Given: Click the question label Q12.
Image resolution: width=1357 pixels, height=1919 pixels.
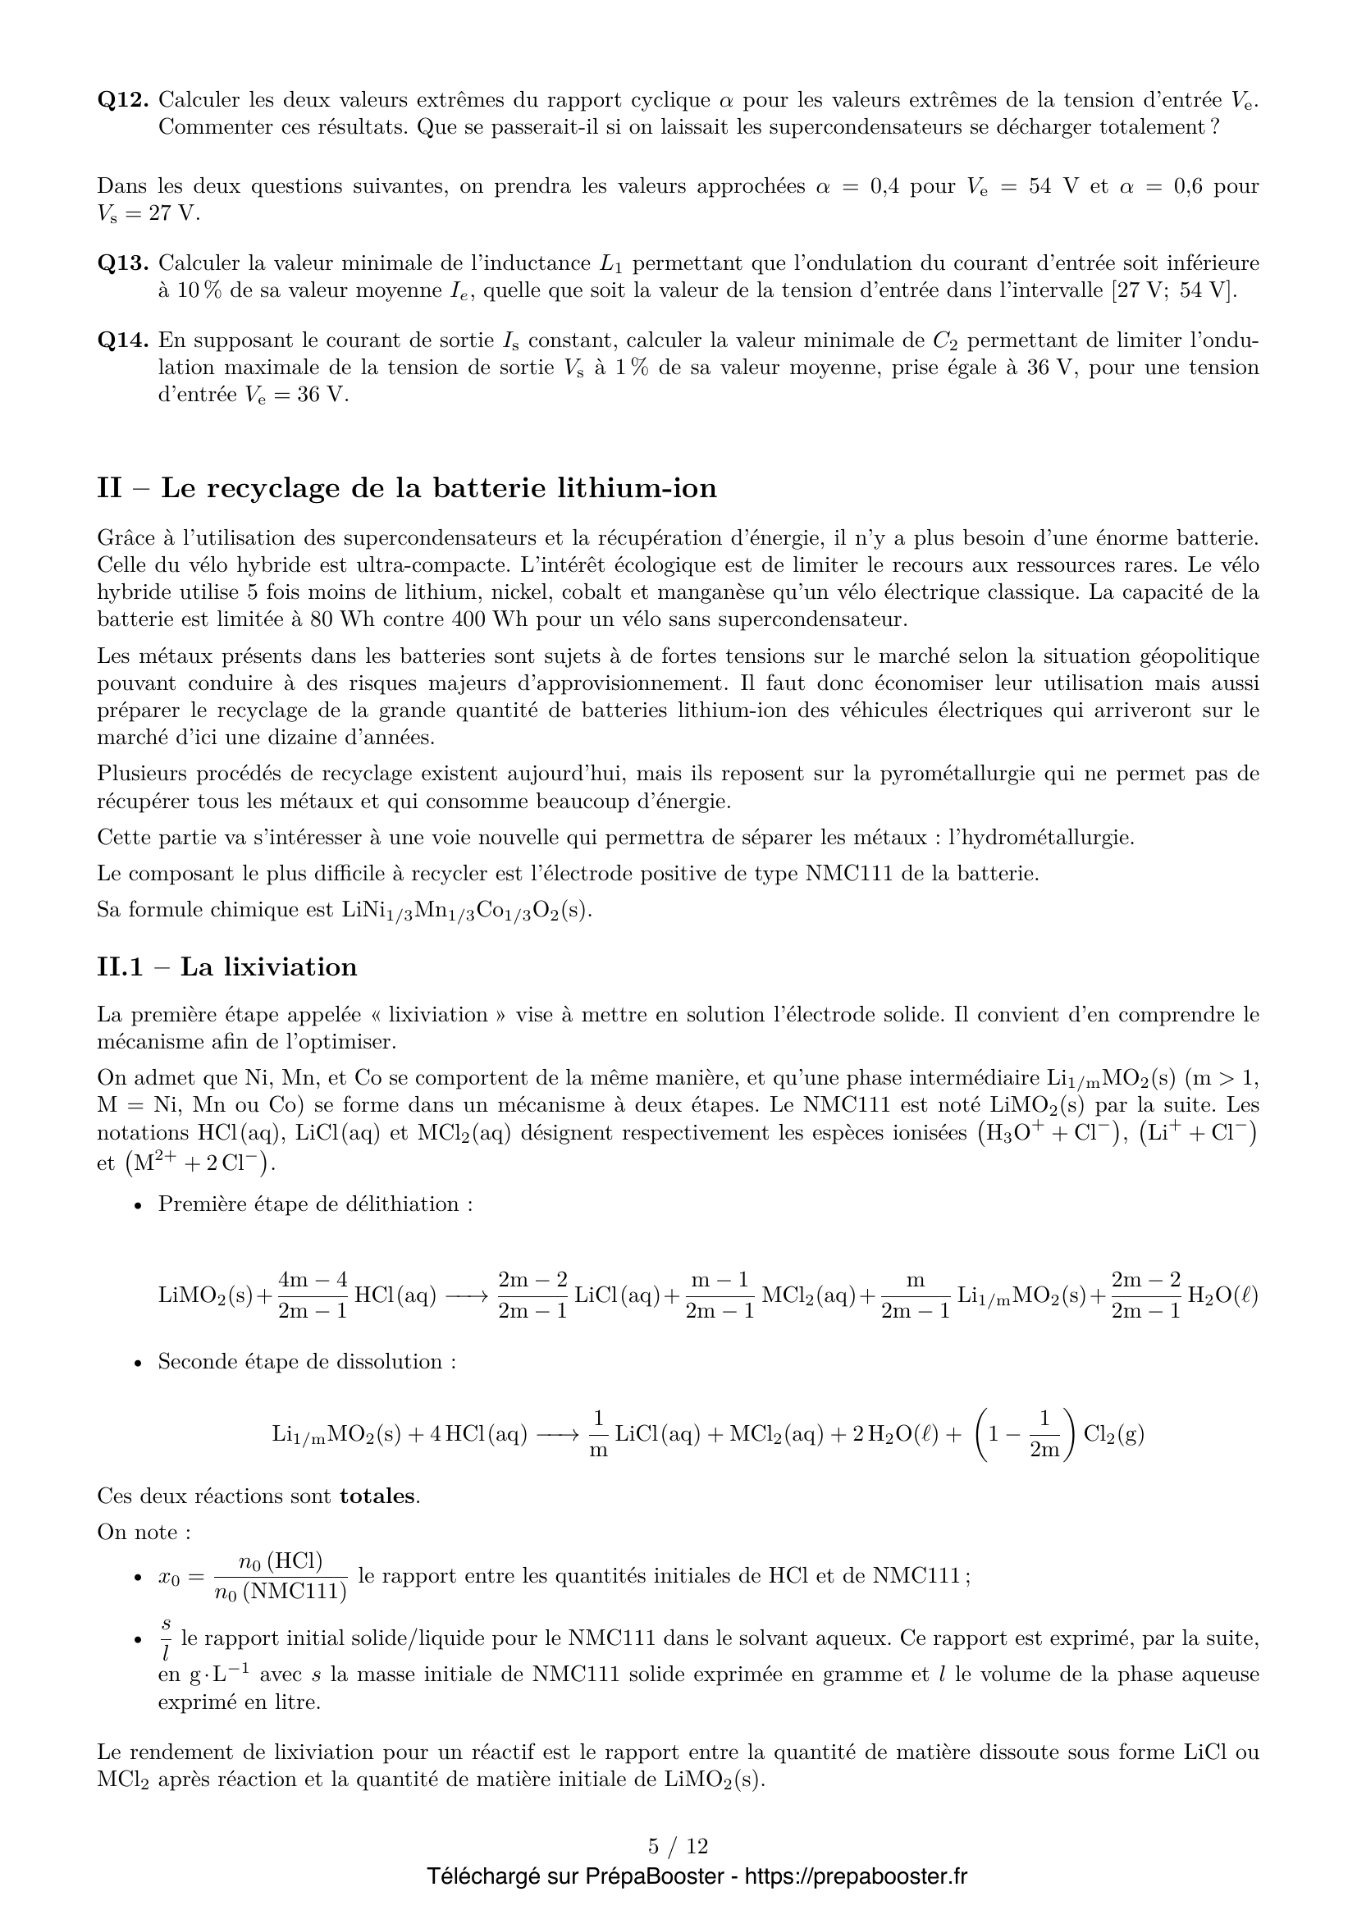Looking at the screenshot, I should click(x=123, y=100).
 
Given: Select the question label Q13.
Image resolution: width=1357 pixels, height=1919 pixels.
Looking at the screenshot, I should click(x=123, y=264).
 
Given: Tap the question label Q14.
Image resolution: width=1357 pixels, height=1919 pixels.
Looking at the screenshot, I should click(x=123, y=341).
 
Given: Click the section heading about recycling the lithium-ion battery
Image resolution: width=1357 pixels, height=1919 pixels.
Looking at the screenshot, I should click(x=407, y=488).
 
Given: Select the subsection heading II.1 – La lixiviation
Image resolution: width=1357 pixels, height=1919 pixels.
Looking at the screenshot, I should click(x=227, y=967).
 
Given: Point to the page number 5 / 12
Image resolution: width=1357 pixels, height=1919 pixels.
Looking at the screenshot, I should click(x=678, y=1846).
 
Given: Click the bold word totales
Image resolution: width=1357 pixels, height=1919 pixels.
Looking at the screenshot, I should click(x=377, y=1496).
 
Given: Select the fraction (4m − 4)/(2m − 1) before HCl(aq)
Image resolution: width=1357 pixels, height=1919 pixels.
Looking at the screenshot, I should click(x=313, y=1295).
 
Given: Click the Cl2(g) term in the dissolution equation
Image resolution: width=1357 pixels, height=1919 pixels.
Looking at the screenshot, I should click(x=1114, y=1434).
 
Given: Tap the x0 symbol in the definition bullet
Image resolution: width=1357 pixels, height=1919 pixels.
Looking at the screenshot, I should click(x=169, y=1577).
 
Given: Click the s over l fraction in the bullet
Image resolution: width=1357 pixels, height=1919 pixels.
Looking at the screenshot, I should click(x=166, y=1638).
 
